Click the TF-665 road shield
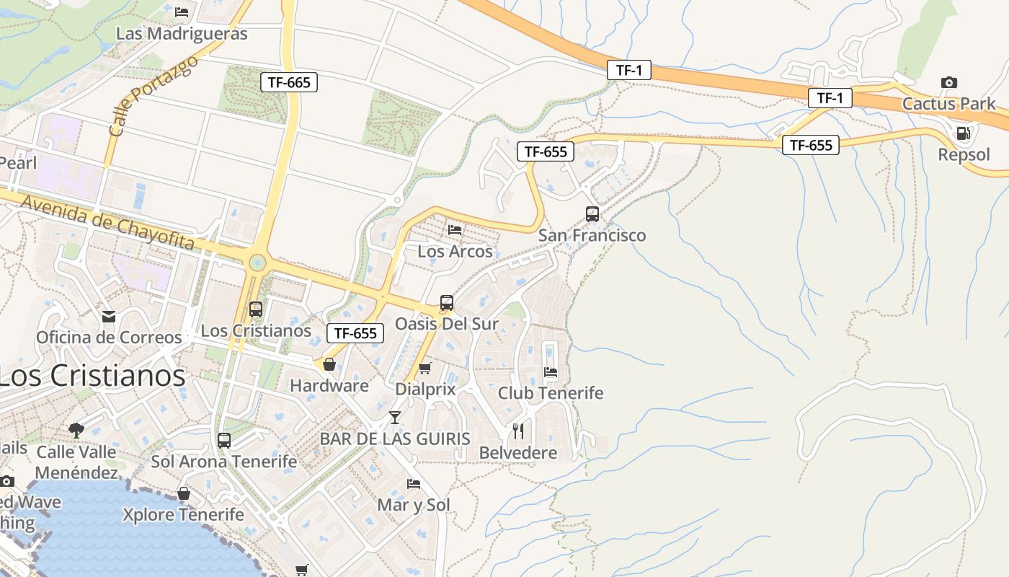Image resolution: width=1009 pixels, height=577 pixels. click(289, 82)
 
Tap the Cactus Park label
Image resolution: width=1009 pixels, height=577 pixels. click(948, 103)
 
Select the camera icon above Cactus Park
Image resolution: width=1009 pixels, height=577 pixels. click(949, 82)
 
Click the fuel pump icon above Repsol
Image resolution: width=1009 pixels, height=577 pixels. click(964, 133)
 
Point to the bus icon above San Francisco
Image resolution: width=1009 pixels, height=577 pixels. click(592, 213)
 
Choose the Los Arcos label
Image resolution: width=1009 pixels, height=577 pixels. click(455, 251)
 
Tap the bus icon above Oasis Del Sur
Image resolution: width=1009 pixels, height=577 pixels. click(447, 303)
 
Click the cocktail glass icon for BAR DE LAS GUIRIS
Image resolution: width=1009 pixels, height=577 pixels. click(395, 417)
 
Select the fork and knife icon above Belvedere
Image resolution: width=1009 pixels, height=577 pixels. click(518, 431)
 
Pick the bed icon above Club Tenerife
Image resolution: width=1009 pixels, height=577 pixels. click(551, 372)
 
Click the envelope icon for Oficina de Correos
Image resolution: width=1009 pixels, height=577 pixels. click(109, 316)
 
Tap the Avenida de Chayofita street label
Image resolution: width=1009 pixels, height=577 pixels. click(108, 223)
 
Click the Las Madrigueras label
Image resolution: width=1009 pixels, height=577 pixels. click(182, 33)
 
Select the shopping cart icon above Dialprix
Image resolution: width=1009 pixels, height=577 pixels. click(425, 368)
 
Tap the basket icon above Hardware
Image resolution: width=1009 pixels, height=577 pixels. click(329, 364)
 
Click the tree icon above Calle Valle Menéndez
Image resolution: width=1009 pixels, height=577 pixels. click(76, 431)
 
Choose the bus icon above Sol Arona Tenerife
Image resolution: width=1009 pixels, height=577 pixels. click(224, 440)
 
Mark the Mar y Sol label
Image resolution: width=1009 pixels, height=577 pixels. click(414, 504)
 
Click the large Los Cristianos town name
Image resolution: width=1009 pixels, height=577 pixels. click(92, 375)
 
